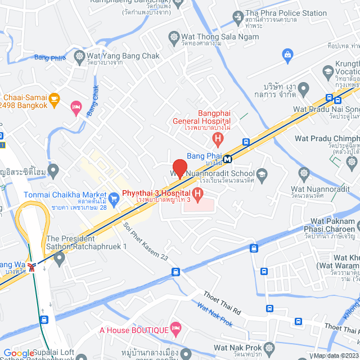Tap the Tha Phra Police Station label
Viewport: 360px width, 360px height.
286,13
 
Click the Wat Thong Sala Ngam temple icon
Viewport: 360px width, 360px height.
174,37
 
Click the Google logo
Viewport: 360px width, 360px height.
19,353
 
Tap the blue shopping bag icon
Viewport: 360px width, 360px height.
288,54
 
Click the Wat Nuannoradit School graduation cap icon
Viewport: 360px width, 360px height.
262,174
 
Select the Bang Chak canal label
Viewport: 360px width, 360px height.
93,101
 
